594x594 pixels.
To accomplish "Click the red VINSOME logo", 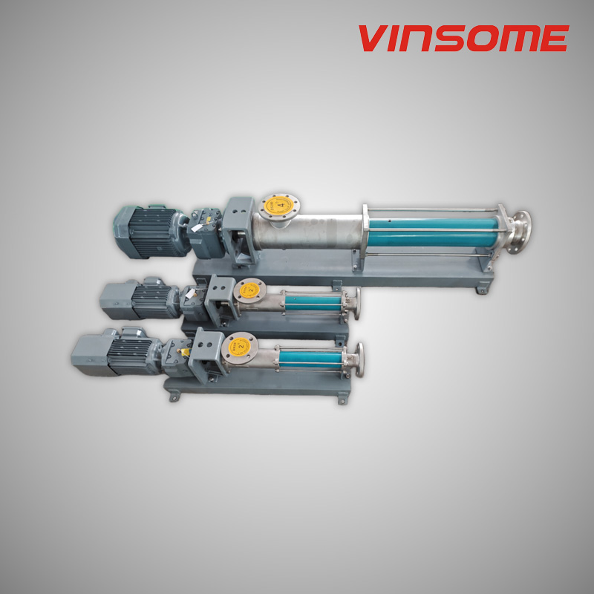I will click(x=463, y=38).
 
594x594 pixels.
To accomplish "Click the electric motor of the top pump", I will click(x=146, y=229).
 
